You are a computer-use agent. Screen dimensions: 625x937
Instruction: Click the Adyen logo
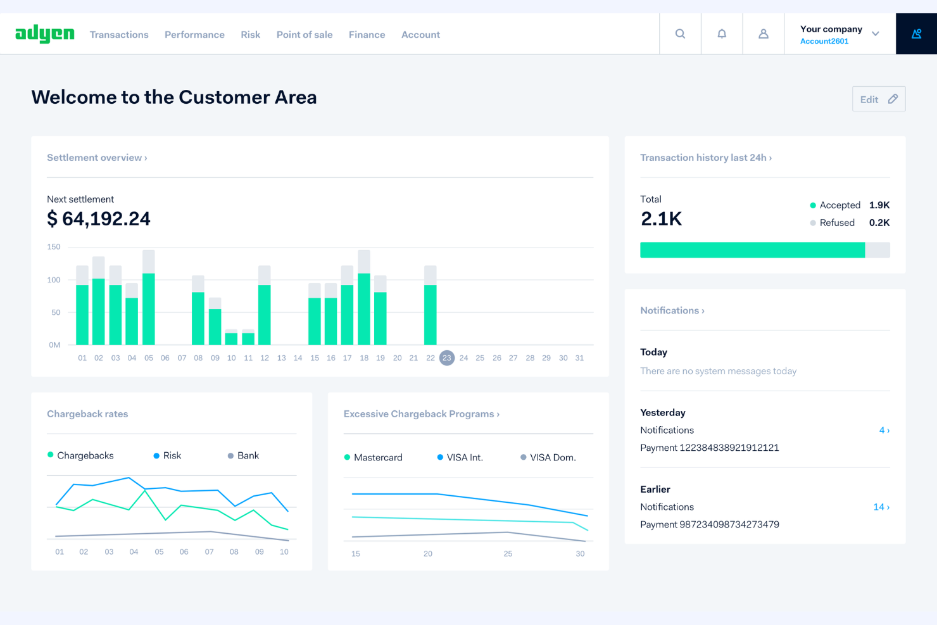(44, 34)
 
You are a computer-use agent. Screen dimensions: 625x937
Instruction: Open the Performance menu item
(194, 35)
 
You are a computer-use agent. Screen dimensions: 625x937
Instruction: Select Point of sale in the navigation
(304, 35)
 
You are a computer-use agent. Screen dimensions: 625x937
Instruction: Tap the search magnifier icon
(680, 34)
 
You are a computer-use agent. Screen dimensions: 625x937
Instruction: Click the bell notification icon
(722, 34)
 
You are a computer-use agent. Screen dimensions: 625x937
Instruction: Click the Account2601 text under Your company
(824, 41)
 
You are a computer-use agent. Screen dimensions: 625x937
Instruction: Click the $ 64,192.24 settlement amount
(99, 219)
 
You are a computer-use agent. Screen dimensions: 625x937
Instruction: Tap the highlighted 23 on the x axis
(447, 358)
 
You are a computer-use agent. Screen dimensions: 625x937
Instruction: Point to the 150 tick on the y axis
(54, 247)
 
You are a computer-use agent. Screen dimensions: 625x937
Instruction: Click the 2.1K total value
(661, 219)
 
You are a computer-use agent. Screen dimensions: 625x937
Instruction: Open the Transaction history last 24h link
(705, 158)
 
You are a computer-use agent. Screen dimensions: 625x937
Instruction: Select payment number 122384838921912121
(709, 448)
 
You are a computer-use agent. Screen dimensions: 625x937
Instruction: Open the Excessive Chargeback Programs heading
(421, 414)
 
